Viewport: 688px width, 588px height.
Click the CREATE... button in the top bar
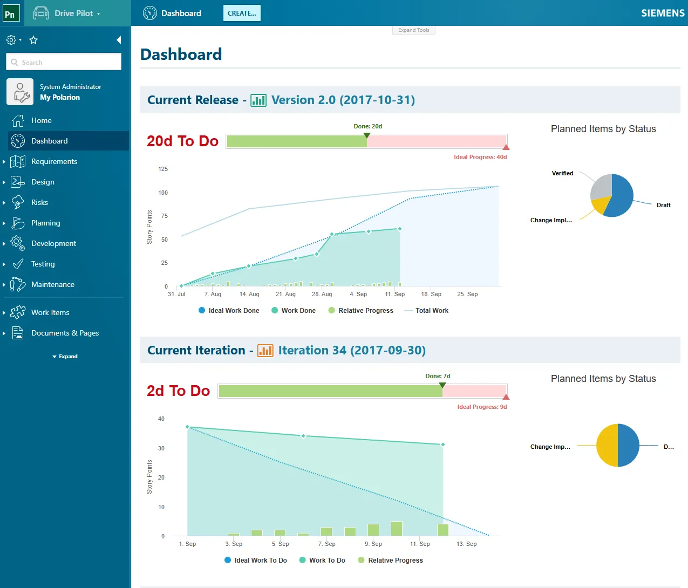[242, 13]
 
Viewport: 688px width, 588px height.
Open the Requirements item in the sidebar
[54, 161]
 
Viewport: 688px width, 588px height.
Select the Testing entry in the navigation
[43, 264]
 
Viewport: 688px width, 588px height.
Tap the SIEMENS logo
[662, 13]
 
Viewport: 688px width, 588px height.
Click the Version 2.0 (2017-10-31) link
[343, 100]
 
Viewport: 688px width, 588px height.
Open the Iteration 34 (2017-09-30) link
[351, 350]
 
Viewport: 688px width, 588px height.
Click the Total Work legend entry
[431, 311]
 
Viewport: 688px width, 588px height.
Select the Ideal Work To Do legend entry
[260, 560]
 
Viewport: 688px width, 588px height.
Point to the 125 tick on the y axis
[163, 169]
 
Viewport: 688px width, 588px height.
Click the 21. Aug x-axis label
[285, 294]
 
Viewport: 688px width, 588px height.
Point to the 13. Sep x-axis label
[466, 544]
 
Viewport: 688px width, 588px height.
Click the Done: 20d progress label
[367, 126]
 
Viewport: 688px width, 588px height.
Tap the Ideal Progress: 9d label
[482, 407]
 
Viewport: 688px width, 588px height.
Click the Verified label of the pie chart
[562, 173]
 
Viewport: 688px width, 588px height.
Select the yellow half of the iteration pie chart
[607, 445]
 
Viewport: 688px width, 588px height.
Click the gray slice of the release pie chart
[601, 187]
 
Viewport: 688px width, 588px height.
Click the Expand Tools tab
[413, 30]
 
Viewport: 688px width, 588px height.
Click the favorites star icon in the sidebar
[33, 40]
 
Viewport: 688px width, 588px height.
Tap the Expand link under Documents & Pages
[65, 357]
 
